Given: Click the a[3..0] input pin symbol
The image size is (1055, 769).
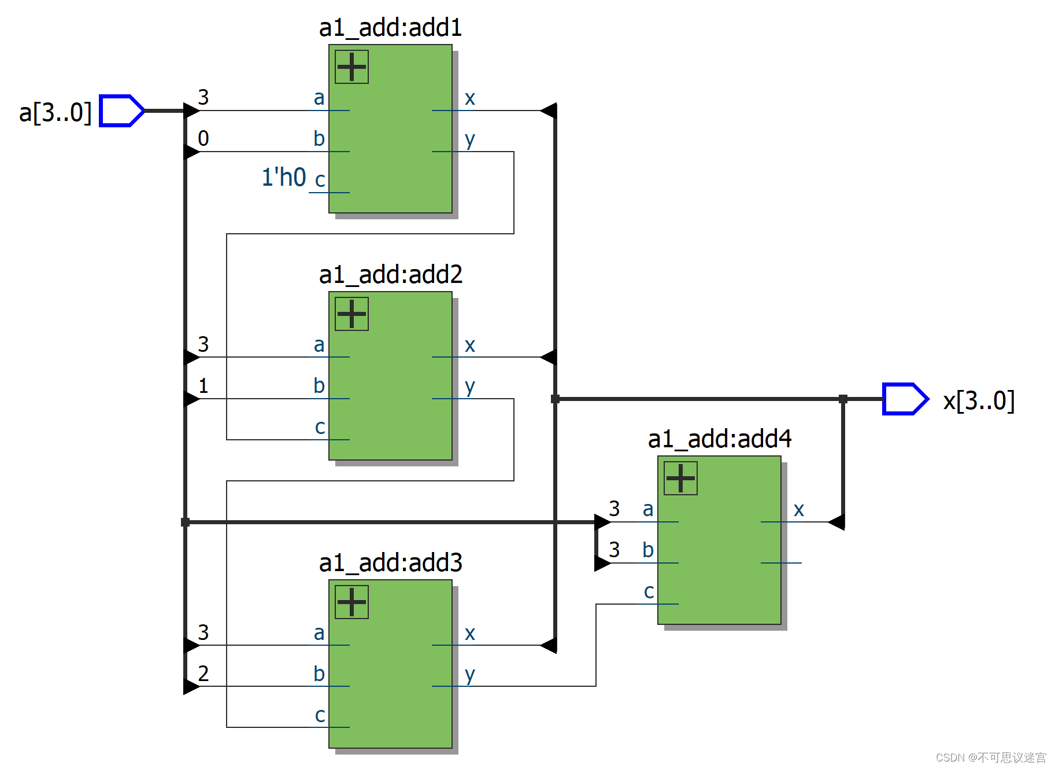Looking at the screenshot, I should coord(121,111).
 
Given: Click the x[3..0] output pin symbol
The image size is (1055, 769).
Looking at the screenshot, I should coord(905,399).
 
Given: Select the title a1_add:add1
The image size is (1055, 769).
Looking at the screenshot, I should coord(390,27).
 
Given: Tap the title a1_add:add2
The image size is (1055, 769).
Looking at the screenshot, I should coord(390,274).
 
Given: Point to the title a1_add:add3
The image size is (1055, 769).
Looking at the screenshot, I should coord(390,562).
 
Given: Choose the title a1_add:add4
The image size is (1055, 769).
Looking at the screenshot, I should coord(719,439).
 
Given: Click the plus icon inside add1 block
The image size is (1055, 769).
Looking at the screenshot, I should coord(351,67).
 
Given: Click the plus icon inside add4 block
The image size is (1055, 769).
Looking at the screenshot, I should coord(680,478).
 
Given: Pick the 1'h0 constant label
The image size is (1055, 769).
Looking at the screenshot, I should coord(283,177).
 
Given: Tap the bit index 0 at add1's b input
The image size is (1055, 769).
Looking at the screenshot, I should coord(203,138).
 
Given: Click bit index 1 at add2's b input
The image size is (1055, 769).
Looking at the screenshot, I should coord(203,385).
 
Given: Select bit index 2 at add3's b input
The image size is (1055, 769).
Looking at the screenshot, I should coord(203,674).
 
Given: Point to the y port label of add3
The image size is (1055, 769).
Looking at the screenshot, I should coord(470,675).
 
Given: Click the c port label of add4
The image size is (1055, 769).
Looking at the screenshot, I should coord(649,591).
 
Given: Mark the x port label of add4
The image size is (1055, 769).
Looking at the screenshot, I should coord(799,510).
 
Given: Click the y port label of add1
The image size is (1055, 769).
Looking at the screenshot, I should coord(470,140).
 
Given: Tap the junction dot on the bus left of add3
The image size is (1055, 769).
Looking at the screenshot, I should coord(185,522).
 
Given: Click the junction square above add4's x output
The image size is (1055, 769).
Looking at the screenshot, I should coord(843,399).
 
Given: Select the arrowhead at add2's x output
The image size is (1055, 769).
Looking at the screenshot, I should coord(549,357).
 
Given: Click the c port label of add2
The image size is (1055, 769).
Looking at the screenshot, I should coord(320,427).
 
